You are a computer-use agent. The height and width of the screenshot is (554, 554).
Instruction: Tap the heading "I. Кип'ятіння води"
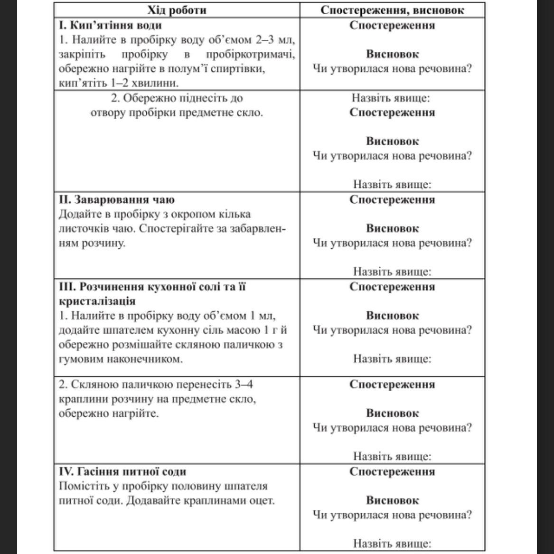111,25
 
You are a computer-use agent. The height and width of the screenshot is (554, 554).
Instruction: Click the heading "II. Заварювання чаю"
117,199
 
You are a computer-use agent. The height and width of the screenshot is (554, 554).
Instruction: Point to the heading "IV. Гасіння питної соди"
122,471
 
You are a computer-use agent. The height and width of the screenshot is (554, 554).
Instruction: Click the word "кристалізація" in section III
97,301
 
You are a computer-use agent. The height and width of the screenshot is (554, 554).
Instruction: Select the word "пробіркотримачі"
250,55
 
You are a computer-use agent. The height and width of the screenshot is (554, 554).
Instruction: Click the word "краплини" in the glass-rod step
80,399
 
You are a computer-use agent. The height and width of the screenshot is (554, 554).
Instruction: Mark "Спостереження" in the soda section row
392,471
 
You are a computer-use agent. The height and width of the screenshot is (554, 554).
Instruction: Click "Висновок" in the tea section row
392,228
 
